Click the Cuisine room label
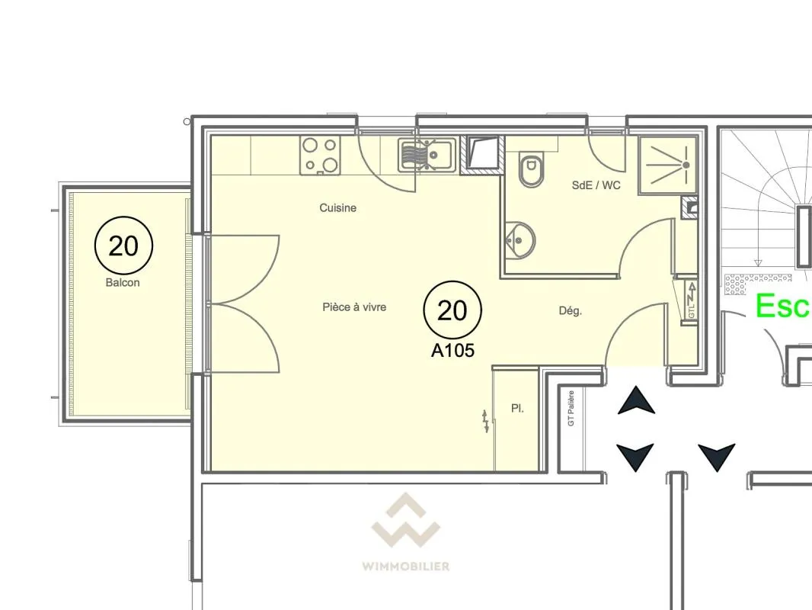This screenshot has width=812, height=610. (x=337, y=208)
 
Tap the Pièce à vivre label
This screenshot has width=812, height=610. (x=354, y=307)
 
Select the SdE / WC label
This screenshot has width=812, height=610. (x=596, y=185)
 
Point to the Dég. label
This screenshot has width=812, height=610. (x=571, y=311)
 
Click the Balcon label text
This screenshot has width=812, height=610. (x=123, y=282)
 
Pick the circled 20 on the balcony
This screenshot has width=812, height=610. (x=123, y=246)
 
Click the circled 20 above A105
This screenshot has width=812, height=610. (x=452, y=310)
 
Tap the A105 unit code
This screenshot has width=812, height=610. (x=452, y=350)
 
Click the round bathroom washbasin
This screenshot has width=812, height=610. (x=520, y=240)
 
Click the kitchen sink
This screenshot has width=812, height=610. (x=427, y=155)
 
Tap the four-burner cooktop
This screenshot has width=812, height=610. (x=320, y=155)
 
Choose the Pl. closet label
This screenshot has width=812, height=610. (x=517, y=409)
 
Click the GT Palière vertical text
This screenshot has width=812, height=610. (x=571, y=408)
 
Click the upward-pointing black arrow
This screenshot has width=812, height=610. (x=637, y=400)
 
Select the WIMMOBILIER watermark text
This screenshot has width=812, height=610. (x=405, y=567)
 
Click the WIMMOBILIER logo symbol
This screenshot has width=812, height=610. (x=405, y=520)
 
